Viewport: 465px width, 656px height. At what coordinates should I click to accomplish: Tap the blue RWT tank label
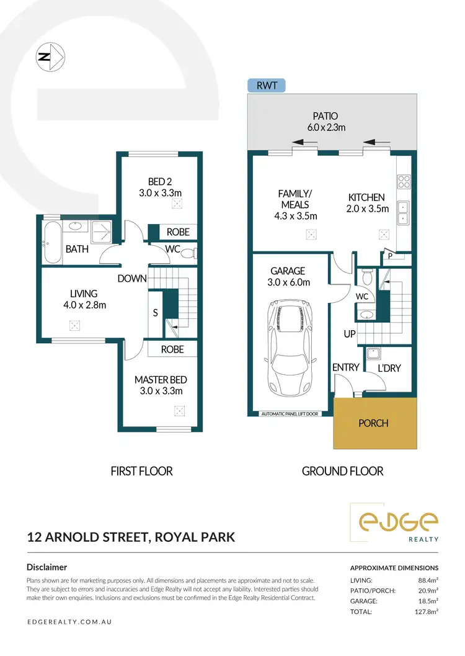point(266,86)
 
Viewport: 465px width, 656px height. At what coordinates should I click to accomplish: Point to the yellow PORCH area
point(373,423)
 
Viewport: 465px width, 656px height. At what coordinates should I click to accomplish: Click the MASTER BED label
point(161,385)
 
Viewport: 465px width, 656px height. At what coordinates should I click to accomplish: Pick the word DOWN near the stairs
point(131,279)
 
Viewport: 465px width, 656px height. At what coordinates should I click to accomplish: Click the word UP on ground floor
point(349,335)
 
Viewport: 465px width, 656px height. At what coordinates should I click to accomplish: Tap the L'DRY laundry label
point(389,368)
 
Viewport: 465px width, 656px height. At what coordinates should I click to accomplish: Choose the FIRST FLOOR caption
point(141,471)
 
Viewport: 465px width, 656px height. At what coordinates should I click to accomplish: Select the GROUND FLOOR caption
point(342,471)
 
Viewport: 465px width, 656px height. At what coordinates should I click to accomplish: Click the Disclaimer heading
point(46,567)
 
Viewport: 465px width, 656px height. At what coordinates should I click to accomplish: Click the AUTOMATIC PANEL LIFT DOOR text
point(290,413)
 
